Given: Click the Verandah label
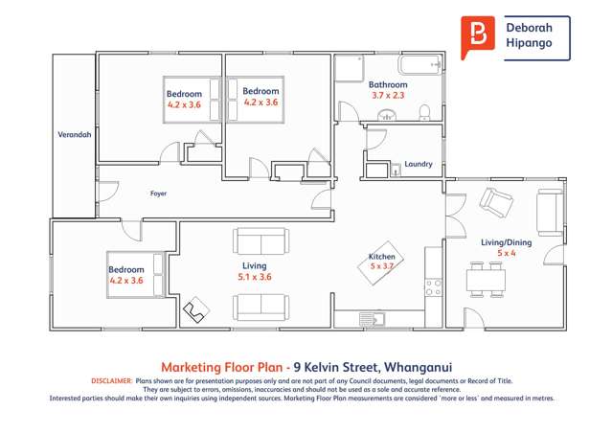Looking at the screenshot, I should tap(75, 135).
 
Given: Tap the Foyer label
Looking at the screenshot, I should tap(159, 194).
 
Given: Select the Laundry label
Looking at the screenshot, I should tap(419, 164).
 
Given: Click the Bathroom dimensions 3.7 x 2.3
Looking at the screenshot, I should tap(389, 95).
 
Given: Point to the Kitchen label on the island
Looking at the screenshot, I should tap(382, 256).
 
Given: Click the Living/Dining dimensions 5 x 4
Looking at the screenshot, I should tap(505, 253).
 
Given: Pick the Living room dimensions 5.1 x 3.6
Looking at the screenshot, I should tap(254, 277).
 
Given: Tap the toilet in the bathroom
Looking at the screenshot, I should tap(426, 114).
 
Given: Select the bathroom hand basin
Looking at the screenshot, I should tap(388, 116).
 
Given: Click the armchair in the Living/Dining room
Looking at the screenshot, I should tap(497, 201).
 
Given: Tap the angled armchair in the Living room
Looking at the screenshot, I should tap(199, 309).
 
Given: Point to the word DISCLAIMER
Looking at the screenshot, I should tap(112, 381).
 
